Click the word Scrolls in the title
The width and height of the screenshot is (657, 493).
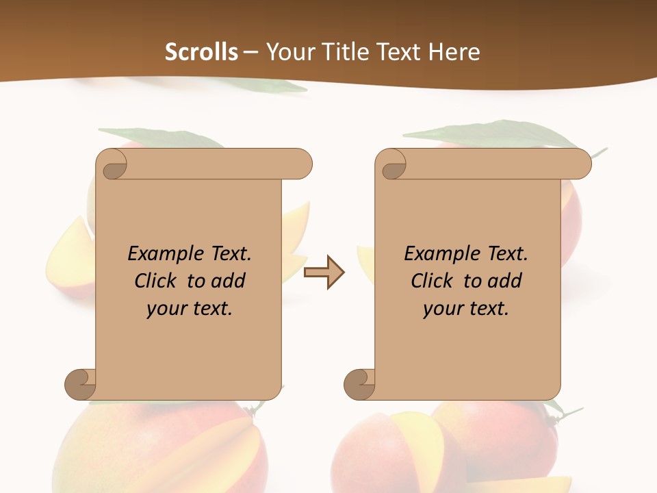[x=201, y=52]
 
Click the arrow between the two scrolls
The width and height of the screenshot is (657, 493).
[x=324, y=273]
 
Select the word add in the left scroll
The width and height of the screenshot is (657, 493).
[x=228, y=281]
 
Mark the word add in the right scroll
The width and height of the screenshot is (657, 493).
[x=504, y=281]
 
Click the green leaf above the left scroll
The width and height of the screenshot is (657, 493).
[x=162, y=138]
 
